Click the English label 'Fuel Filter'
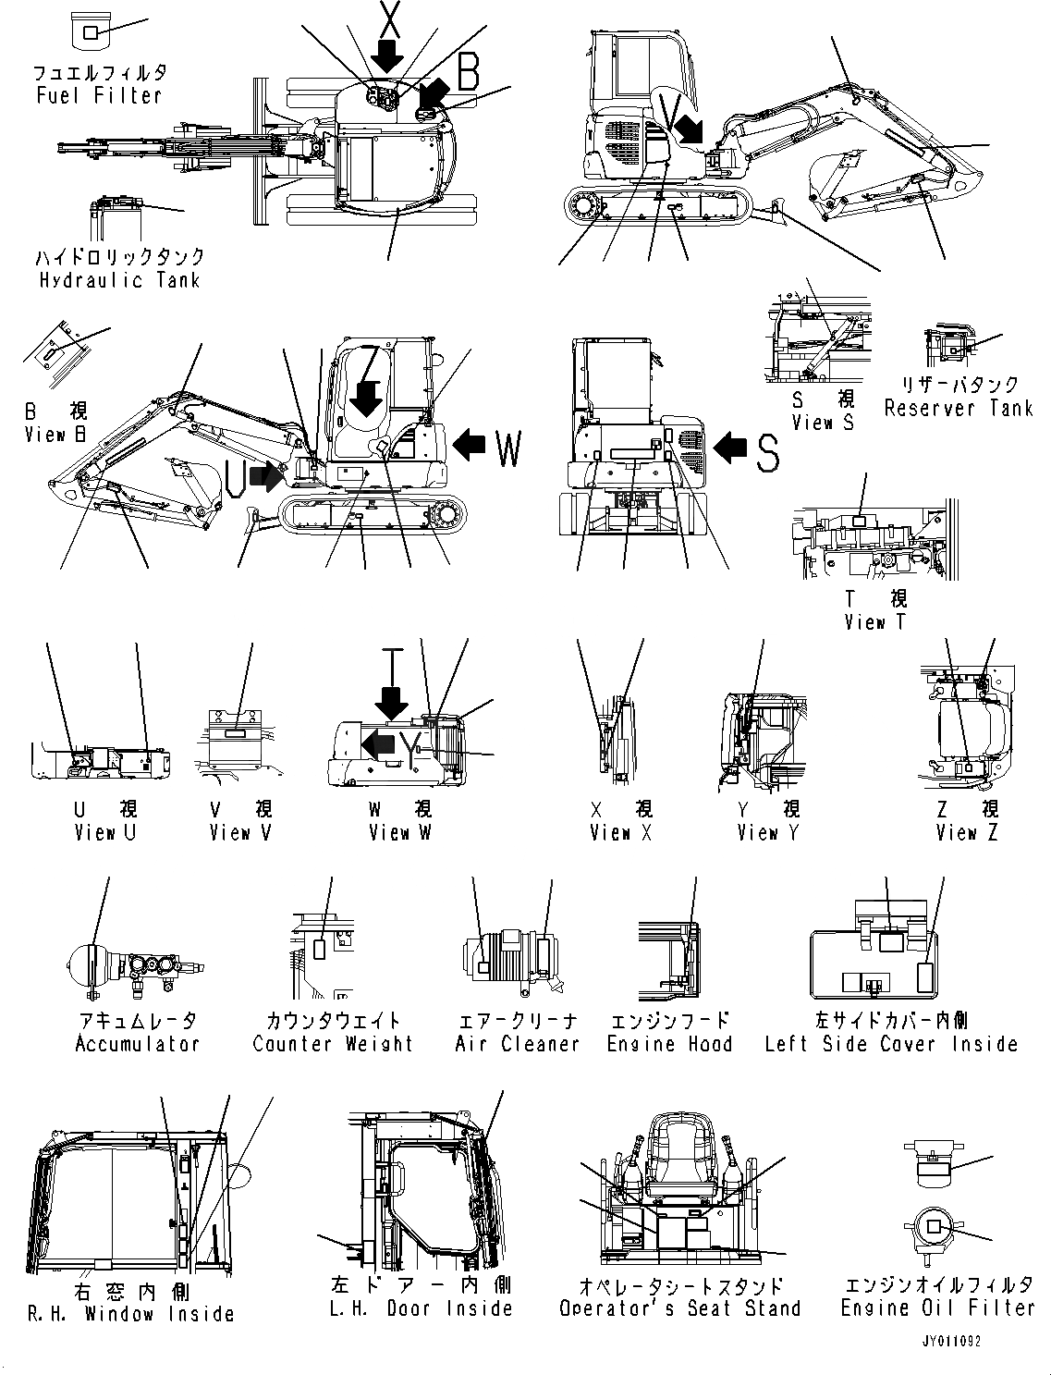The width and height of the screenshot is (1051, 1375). coord(99,95)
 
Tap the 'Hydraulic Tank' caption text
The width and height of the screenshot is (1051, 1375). coord(119,280)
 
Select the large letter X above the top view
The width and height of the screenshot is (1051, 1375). coord(388,18)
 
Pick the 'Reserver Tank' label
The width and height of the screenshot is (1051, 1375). coord(958,408)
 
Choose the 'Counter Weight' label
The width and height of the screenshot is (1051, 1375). coord(333,1044)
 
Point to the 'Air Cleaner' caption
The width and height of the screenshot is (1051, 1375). coord(517,1044)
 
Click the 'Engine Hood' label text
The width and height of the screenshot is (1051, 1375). coord(669,1044)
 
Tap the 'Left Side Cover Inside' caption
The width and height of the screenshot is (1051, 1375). coord(891,1044)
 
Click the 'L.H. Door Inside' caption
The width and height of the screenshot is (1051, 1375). coord(422,1308)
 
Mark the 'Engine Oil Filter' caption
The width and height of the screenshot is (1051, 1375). coord(937,1307)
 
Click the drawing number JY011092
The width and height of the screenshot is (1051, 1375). coord(950,1340)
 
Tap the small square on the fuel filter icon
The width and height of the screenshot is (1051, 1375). coord(91,33)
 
